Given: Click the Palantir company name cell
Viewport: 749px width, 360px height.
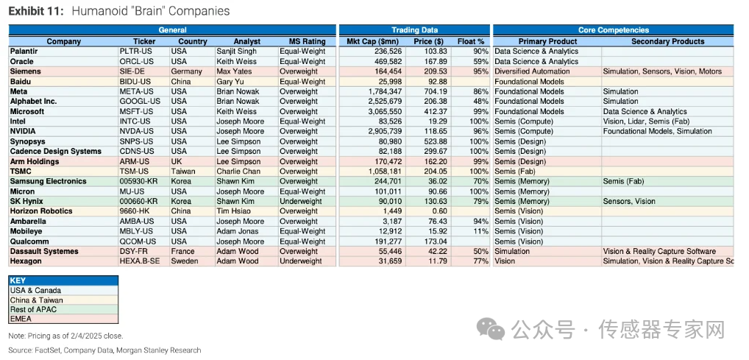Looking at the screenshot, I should [26, 52].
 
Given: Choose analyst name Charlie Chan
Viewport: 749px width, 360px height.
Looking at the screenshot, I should [238, 172].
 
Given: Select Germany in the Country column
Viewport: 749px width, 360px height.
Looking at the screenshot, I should [187, 72].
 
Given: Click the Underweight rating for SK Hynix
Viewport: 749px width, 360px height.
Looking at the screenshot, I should [301, 202].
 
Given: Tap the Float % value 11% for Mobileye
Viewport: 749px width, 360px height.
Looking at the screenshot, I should [480, 232].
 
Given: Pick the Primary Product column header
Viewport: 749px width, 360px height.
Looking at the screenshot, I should [548, 42].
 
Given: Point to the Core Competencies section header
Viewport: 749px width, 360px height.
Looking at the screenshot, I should [613, 30].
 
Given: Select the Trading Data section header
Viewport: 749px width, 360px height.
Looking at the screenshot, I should [415, 30].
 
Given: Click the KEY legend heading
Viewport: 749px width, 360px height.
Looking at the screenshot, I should [18, 281].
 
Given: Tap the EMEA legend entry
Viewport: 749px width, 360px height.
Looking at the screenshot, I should [21, 319].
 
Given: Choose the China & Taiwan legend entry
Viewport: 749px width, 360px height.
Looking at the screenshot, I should [36, 300].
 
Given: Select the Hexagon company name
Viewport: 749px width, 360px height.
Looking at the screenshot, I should [26, 261].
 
